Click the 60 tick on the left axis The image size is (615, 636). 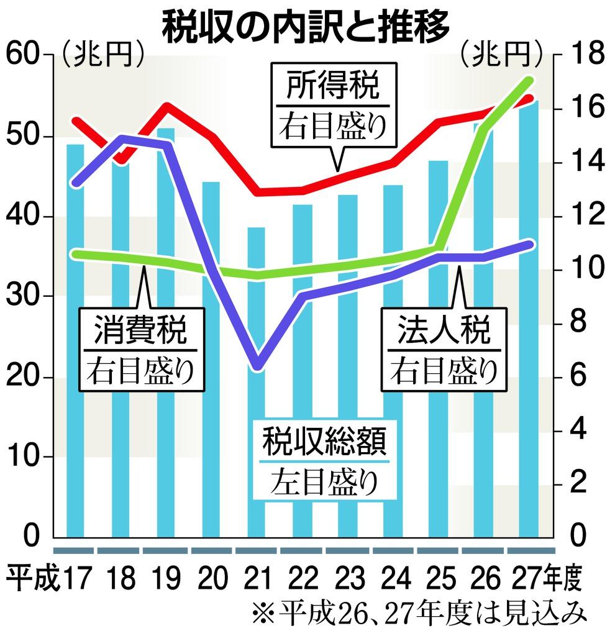coord(23,55)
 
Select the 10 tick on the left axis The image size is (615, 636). coord(23,457)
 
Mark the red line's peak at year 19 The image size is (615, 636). coord(167,105)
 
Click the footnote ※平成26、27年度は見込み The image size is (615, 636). coord(420,615)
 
